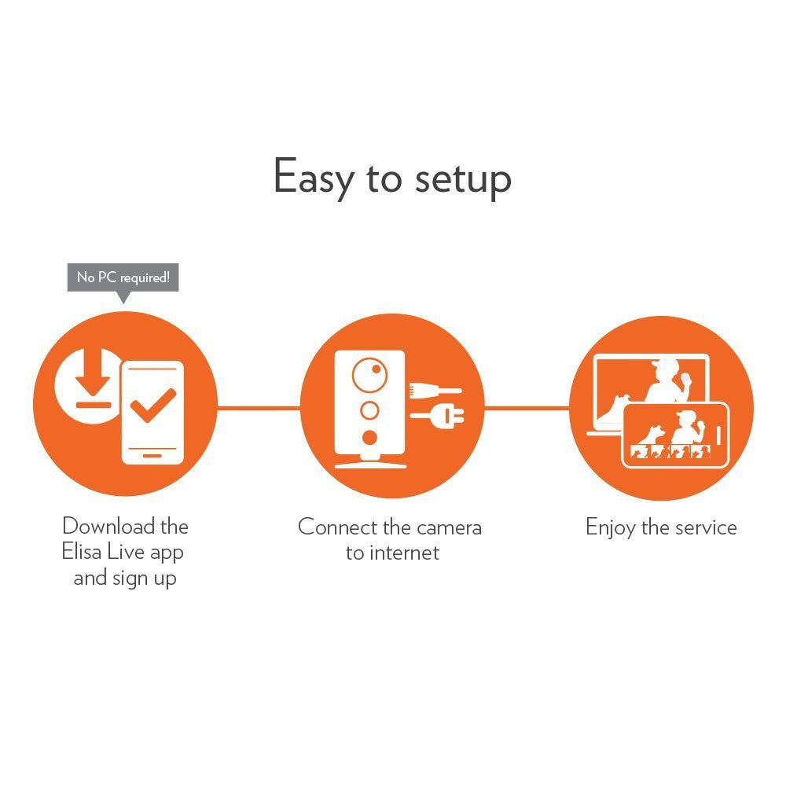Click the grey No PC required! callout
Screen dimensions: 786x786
pyautogui.click(x=123, y=278)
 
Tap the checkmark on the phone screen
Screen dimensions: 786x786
pyautogui.click(x=153, y=405)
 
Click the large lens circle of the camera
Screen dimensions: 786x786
pyautogui.click(x=369, y=375)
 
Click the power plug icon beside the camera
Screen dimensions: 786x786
pyautogui.click(x=437, y=415)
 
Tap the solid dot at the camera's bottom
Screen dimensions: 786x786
pyautogui.click(x=369, y=438)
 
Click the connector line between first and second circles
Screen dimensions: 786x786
pyautogui.click(x=259, y=408)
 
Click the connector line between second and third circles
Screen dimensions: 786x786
pyautogui.click(x=527, y=408)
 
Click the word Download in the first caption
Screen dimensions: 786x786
pyautogui.click(x=108, y=527)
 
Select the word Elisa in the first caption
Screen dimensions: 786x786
pyautogui.click(x=82, y=552)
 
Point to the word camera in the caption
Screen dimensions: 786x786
pyautogui.click(x=449, y=528)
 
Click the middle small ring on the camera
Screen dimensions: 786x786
pyautogui.click(x=369, y=410)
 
